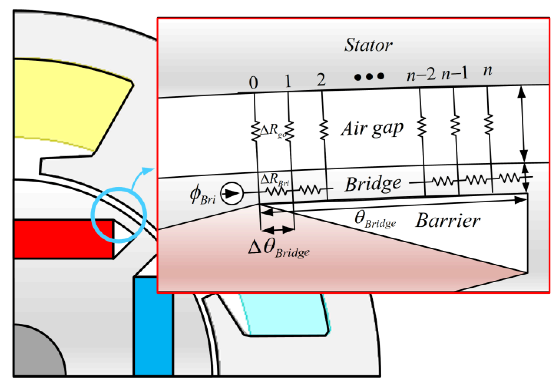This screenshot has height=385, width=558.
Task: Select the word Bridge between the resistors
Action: click(x=373, y=184)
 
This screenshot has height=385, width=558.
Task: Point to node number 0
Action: click(x=253, y=83)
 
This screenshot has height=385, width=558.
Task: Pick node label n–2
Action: click(x=421, y=75)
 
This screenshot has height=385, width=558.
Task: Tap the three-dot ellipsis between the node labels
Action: click(x=369, y=77)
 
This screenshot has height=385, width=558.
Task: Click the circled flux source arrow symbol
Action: click(x=232, y=193)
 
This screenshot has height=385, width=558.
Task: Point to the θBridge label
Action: click(x=375, y=220)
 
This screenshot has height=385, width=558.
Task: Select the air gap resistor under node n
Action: click(x=489, y=124)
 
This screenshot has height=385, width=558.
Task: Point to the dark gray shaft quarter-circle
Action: click(x=36, y=353)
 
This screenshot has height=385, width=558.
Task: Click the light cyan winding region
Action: click(x=284, y=315)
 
